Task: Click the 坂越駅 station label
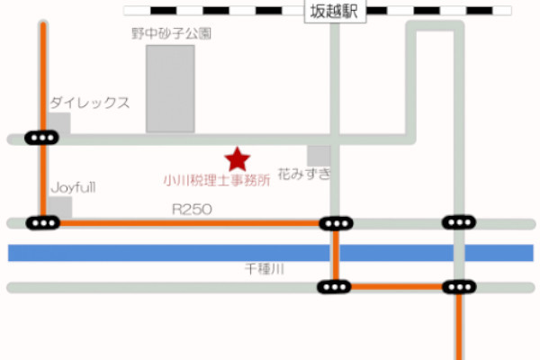335,12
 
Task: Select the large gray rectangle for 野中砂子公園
170,88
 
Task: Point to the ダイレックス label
90,103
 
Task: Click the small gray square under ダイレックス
58,122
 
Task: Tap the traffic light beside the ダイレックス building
42,138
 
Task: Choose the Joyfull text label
73,187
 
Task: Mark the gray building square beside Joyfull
60,207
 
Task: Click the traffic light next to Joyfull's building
42,222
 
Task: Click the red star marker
237,159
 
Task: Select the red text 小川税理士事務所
216,180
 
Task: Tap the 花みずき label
304,172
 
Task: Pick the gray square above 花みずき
319,155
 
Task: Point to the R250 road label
191,208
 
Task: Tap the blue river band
180,253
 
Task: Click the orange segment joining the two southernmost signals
396,288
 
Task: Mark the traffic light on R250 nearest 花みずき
336,222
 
